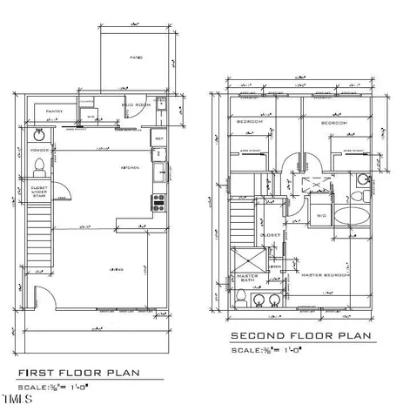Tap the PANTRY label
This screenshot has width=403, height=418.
[54, 111]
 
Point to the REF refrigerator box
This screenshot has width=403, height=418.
[158, 138]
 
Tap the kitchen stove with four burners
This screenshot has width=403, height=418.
[160, 205]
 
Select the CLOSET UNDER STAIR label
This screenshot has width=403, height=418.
[40, 191]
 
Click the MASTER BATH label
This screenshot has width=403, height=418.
[245, 279]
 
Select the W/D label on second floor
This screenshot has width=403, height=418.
[320, 216]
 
